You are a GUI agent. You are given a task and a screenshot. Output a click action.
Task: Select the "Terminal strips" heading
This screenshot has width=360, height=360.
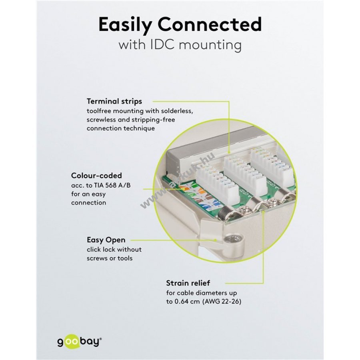pos(114,101)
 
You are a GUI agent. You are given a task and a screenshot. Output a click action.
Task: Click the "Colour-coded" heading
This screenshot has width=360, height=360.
pos(96,175)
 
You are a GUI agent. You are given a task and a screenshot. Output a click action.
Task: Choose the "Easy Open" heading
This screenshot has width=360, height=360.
pos(106,240)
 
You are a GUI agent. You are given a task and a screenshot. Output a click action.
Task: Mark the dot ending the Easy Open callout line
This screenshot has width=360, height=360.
pos(216,240)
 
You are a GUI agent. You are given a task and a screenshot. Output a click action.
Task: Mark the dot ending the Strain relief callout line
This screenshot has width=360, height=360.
pos(264,212)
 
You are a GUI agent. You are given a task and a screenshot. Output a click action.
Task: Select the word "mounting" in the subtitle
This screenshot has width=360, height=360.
pos(210,44)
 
